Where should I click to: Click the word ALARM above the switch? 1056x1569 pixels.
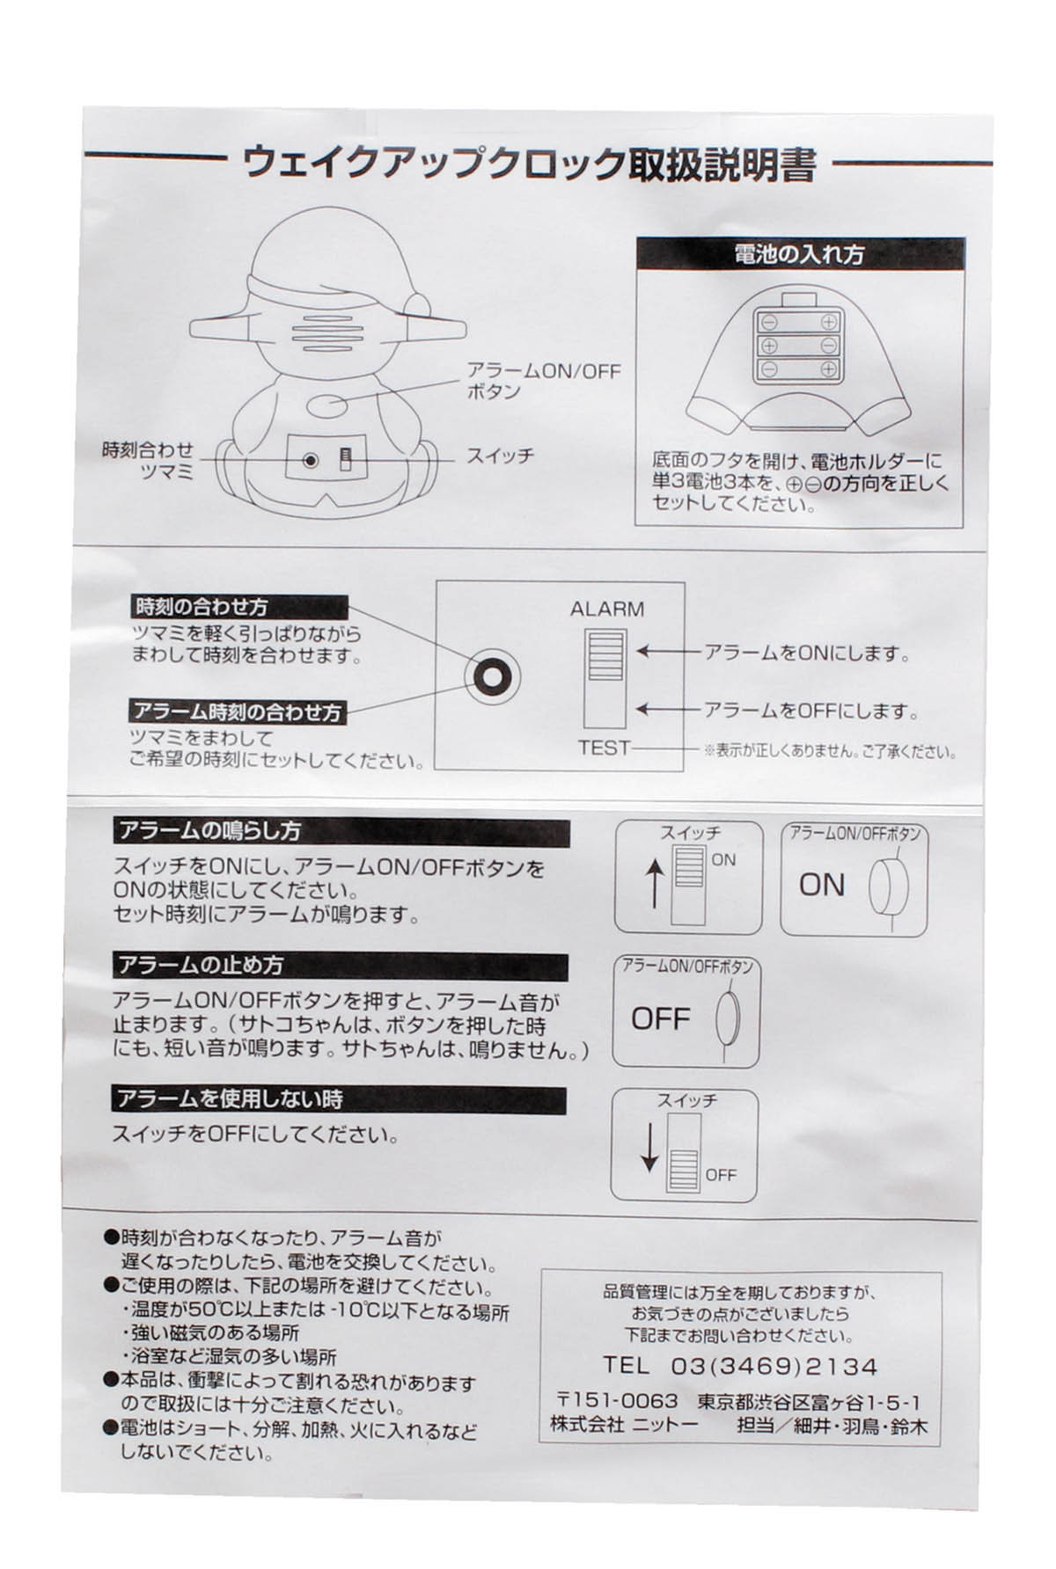pyautogui.click(x=606, y=609)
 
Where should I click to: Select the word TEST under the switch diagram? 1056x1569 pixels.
pyautogui.click(x=604, y=748)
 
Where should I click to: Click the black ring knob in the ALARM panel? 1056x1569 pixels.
pyautogui.click(x=491, y=676)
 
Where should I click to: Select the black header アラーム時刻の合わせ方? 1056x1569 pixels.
pyautogui.click(x=238, y=711)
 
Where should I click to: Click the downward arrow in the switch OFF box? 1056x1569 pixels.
pyautogui.click(x=649, y=1149)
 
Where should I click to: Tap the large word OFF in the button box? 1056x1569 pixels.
pyautogui.click(x=660, y=1018)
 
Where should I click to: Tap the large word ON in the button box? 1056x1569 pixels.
pyautogui.click(x=821, y=884)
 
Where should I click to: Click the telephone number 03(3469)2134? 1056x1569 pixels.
pyautogui.click(x=774, y=1366)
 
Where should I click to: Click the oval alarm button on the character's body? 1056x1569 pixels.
pyautogui.click(x=328, y=407)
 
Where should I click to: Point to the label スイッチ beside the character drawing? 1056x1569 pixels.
pyautogui.click(x=499, y=456)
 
